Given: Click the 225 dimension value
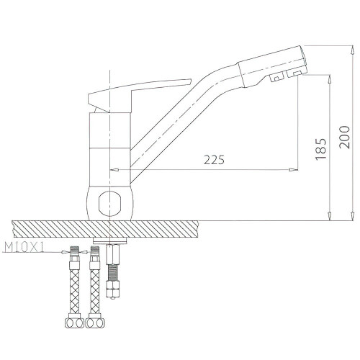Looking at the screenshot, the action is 214,160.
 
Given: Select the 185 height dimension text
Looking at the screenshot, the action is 321,149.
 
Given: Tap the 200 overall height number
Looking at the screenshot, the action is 345,137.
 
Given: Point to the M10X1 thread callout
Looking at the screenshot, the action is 24,248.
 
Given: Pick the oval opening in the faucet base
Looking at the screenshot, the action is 109,202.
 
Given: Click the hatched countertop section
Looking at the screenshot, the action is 106,230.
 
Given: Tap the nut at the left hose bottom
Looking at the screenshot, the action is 74,323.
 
